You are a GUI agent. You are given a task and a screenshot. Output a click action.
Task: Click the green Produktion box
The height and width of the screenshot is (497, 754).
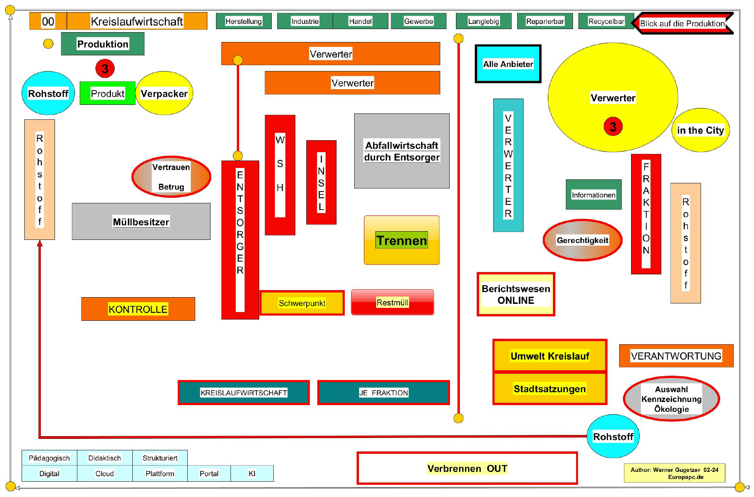point(102,44)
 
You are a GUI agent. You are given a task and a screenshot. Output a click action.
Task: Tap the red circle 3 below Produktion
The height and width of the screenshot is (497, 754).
point(105,69)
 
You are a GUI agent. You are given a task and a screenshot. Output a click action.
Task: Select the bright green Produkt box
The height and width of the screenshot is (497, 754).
point(107,93)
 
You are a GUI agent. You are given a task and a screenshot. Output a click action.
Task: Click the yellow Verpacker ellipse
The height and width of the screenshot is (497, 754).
point(164,93)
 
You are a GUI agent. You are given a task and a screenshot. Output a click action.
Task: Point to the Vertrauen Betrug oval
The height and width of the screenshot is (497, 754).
point(171,177)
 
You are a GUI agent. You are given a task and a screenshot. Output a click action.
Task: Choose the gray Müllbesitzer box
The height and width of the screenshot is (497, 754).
point(141,221)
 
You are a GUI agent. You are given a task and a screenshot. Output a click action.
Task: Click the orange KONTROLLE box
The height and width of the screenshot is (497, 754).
point(138,309)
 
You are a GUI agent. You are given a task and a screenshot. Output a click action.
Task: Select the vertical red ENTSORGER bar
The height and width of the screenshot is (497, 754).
point(240,239)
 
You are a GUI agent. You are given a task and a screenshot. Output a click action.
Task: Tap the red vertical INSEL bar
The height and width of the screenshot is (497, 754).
point(321,183)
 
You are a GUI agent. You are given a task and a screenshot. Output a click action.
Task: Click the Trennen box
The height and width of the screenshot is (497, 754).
point(401,240)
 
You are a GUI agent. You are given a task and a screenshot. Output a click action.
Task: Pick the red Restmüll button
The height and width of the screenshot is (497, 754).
point(392,302)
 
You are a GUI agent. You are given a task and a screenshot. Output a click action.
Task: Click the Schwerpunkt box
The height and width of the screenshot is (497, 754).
point(302,303)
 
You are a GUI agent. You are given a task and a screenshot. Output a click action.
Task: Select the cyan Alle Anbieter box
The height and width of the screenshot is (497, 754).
point(508,64)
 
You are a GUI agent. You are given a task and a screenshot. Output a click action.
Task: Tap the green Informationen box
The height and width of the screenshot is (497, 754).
point(593,195)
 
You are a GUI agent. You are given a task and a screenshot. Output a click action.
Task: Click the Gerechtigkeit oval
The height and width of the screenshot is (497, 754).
point(582,240)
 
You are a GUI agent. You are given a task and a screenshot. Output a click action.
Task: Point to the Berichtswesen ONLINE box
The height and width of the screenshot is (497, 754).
point(516,294)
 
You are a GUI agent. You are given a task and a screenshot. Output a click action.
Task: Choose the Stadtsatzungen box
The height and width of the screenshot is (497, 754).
point(549,389)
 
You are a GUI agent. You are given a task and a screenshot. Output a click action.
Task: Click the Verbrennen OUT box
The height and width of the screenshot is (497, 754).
point(467,468)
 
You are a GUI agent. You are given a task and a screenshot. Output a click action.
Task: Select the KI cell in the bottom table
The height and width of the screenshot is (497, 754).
point(252,473)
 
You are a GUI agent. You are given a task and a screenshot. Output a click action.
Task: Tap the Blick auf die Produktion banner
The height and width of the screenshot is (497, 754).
point(682,24)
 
